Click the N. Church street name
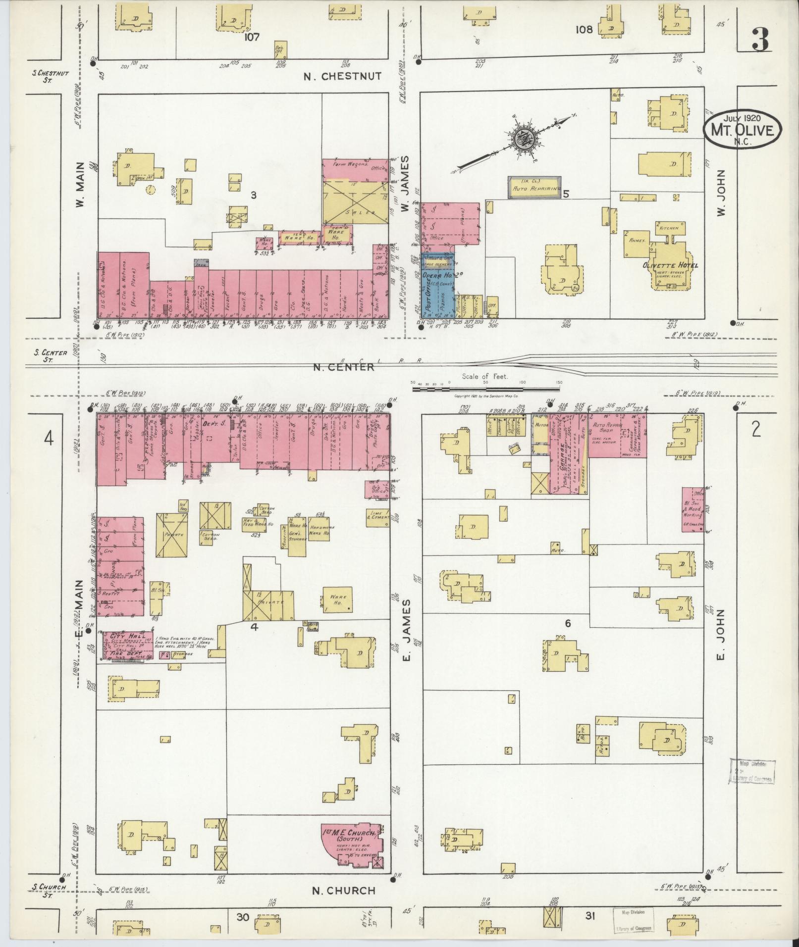pyautogui.click(x=344, y=891)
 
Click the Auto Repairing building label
pyautogui.click(x=537, y=189)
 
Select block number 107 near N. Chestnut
pyautogui.click(x=252, y=37)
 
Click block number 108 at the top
pyautogui.click(x=584, y=30)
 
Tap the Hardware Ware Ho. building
pyautogui.click(x=321, y=530)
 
